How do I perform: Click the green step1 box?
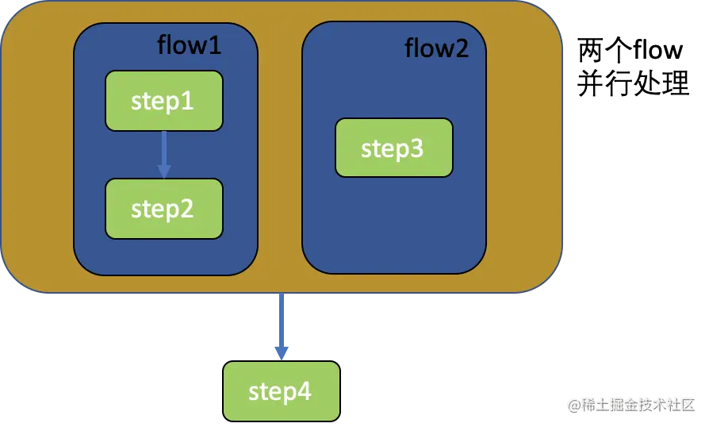pos(164,101)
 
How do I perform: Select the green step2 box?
pos(164,209)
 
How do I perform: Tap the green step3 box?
pos(394,148)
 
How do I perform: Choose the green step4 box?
pos(282,391)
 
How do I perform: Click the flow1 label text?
pos(189,45)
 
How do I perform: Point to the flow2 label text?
pos(436,48)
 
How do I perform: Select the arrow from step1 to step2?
pos(164,155)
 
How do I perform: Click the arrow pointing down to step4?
pos(282,326)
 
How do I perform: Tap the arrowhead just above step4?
pos(282,353)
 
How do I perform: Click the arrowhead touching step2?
pos(164,171)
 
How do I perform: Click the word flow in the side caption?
pos(658,49)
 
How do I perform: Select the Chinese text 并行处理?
pos(633,83)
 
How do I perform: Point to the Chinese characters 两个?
pos(605,50)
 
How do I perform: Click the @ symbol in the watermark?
pos(574,406)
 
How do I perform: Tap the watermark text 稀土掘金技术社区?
pos(638,405)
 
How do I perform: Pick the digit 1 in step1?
pos(188,101)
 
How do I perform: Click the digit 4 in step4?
pos(305,390)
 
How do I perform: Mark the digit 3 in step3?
pos(417,148)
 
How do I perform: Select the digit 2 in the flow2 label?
pos(462,48)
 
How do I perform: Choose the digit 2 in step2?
pos(187,209)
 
